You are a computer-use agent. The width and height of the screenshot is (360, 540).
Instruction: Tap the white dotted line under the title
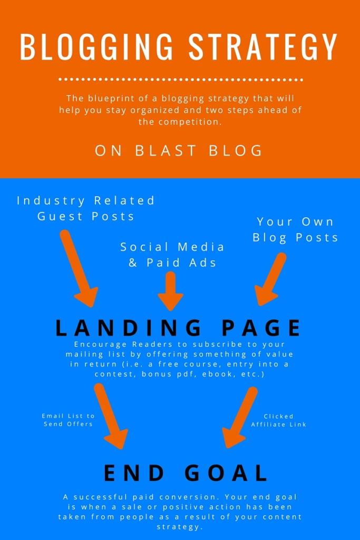(181, 80)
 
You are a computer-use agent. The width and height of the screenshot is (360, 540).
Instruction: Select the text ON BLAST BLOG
(179, 150)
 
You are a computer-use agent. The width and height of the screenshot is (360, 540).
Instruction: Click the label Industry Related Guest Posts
(86, 208)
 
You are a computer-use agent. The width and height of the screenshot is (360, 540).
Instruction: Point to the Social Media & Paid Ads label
(172, 255)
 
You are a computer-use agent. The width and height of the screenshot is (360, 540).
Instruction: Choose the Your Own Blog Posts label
(295, 229)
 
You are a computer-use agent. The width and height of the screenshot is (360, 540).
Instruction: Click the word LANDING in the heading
(129, 328)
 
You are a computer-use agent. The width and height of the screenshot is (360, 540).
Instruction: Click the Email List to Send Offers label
(69, 420)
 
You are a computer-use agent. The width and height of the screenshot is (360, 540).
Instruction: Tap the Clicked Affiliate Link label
(279, 420)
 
